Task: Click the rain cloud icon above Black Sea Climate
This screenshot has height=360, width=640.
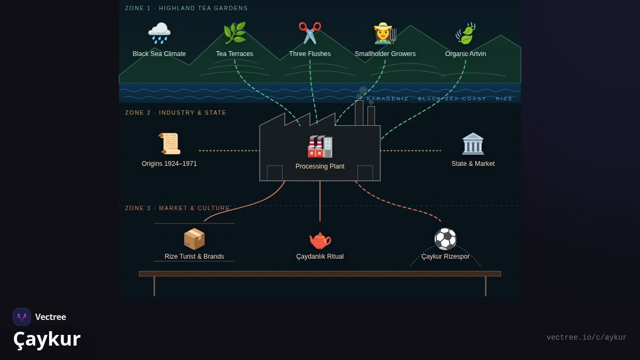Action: coord(159,33)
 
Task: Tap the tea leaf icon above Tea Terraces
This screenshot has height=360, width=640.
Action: coord(235,33)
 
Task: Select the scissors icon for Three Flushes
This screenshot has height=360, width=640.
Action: coord(310,33)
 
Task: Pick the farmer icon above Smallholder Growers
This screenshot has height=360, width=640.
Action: coord(385,33)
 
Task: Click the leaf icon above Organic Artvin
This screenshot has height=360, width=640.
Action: coord(466,33)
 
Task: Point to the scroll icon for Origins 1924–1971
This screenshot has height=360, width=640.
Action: coord(170,143)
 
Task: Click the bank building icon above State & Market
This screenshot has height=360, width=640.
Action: coord(473,143)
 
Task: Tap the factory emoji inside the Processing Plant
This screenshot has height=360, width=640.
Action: coord(320,146)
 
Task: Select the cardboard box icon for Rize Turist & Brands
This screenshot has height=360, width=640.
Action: coord(194,239)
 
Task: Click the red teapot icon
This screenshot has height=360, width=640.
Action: coord(320,241)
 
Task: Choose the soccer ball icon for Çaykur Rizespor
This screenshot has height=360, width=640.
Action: coord(445,239)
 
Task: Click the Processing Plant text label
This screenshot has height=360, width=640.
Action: coord(319,166)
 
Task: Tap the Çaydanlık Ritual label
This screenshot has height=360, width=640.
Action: coord(319,257)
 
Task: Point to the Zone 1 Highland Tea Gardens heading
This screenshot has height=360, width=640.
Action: coord(186,8)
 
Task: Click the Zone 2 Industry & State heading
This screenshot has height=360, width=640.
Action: coord(175,113)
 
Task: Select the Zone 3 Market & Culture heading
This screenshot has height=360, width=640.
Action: coord(177,208)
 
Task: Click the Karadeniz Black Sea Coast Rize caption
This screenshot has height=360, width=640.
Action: coord(439,99)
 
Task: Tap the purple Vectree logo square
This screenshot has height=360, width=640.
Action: coord(22,317)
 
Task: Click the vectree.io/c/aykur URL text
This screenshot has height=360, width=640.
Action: coord(587,338)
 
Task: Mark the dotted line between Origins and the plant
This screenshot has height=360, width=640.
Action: coord(229,150)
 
